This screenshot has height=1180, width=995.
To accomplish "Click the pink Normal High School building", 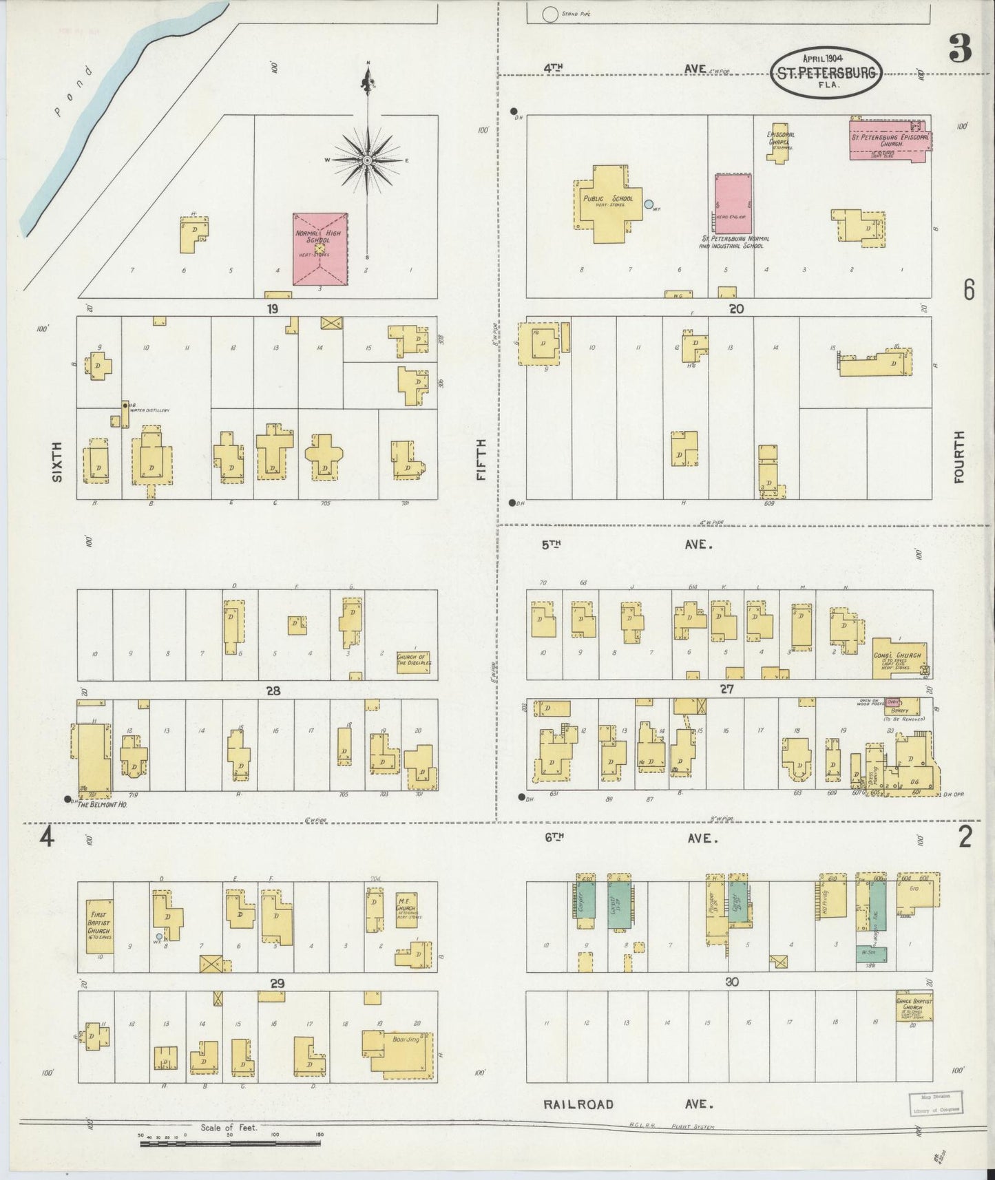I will pyautogui.click(x=320, y=249).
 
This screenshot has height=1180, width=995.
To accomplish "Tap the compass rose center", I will pyautogui.click(x=368, y=160).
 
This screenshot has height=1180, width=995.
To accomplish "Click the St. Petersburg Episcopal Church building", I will pyautogui.click(x=888, y=139).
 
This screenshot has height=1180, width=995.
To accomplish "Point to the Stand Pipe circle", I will pyautogui.click(x=549, y=14).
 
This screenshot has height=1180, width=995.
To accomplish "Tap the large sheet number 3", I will pyautogui.click(x=959, y=48).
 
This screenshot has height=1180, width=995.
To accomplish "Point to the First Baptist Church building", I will pyautogui.click(x=100, y=926).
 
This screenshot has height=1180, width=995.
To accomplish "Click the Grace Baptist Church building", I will pyautogui.click(x=914, y=1009).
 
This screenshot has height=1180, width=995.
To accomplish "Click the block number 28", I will pyautogui.click(x=273, y=691).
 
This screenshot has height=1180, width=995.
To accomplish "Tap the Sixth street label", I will pyautogui.click(x=57, y=461).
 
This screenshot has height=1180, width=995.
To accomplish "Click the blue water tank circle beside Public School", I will pyautogui.click(x=648, y=204).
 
